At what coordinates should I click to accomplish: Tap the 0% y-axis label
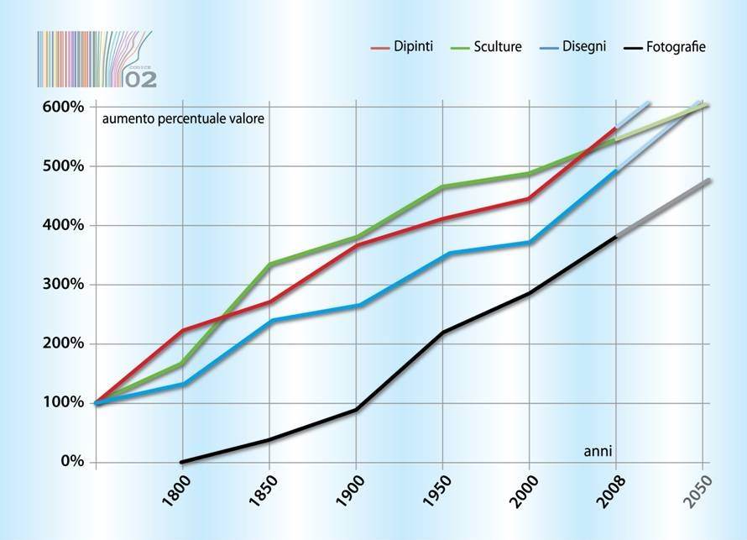(x=70, y=462)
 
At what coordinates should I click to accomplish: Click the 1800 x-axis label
(x=180, y=491)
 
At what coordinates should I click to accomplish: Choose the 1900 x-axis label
(x=355, y=491)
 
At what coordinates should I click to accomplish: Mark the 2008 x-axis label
(x=615, y=491)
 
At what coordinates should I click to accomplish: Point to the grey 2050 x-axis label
(x=703, y=491)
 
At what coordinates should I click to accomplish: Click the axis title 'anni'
(x=598, y=451)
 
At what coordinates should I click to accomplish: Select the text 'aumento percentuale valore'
(x=183, y=119)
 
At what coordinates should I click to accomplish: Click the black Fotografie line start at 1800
(x=181, y=461)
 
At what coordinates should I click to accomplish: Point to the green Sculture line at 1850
(x=269, y=265)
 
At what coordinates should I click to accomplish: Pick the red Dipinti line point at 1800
(x=182, y=331)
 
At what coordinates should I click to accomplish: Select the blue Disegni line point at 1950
(x=444, y=254)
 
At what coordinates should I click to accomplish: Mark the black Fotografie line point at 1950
(x=443, y=333)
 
